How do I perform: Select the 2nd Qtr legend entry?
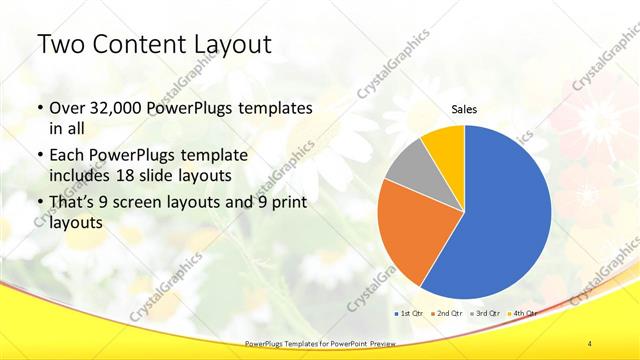(448, 313)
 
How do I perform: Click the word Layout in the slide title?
(229, 46)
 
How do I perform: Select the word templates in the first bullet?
(274, 108)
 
